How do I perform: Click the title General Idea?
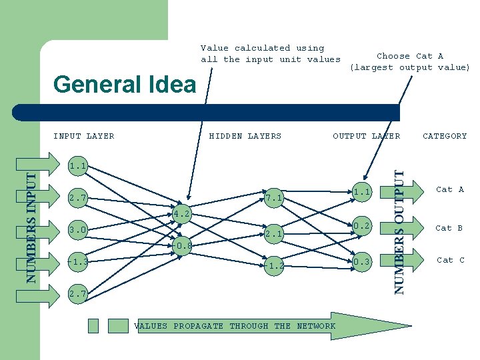pyautogui.click(x=125, y=85)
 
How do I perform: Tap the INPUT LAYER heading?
pyautogui.click(x=84, y=136)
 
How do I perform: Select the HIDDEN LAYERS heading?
pyautogui.click(x=245, y=136)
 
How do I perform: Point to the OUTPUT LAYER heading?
pyautogui.click(x=367, y=136)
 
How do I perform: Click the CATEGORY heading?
pyautogui.click(x=445, y=136)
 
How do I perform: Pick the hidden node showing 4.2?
pyautogui.click(x=182, y=215)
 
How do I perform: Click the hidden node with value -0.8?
pyautogui.click(x=182, y=246)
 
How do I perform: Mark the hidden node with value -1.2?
pyautogui.click(x=274, y=265)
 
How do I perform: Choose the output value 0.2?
pyautogui.click(x=362, y=226)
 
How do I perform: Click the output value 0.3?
pyautogui.click(x=362, y=262)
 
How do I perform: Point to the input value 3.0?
pyautogui.click(x=78, y=230)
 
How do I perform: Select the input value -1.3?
pyautogui.click(x=77, y=262)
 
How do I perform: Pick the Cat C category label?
pyautogui.click(x=450, y=260)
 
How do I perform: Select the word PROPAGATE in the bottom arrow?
pyautogui.click(x=198, y=326)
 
